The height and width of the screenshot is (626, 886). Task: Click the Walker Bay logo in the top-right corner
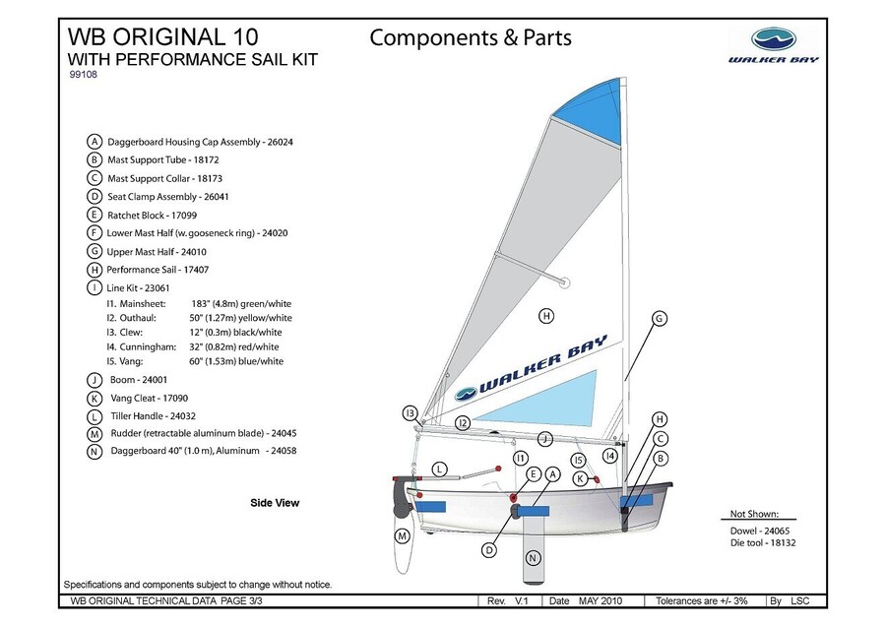tap(785, 45)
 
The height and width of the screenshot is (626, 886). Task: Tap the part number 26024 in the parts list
tap(279, 142)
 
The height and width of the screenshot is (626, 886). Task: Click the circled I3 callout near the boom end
tap(411, 412)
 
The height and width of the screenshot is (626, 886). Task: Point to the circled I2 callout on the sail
tap(463, 422)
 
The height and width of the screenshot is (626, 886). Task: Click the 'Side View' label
tap(275, 503)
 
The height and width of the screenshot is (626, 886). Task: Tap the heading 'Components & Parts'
tap(470, 38)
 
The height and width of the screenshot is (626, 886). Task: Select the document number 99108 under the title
tap(85, 74)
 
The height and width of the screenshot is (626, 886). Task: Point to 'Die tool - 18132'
tap(763, 542)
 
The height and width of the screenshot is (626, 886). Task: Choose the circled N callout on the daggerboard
tap(533, 558)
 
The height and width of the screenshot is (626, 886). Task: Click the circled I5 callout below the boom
tap(579, 459)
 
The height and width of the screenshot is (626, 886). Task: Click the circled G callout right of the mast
tap(660, 318)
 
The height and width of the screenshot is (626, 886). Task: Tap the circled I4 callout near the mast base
tap(610, 456)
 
